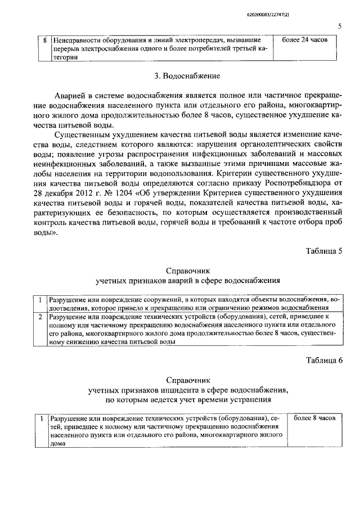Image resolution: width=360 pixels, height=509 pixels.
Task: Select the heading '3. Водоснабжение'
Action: point(179,75)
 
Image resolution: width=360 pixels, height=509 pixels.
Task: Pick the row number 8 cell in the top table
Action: point(46,40)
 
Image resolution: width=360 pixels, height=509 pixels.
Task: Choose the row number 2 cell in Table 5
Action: point(40,317)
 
